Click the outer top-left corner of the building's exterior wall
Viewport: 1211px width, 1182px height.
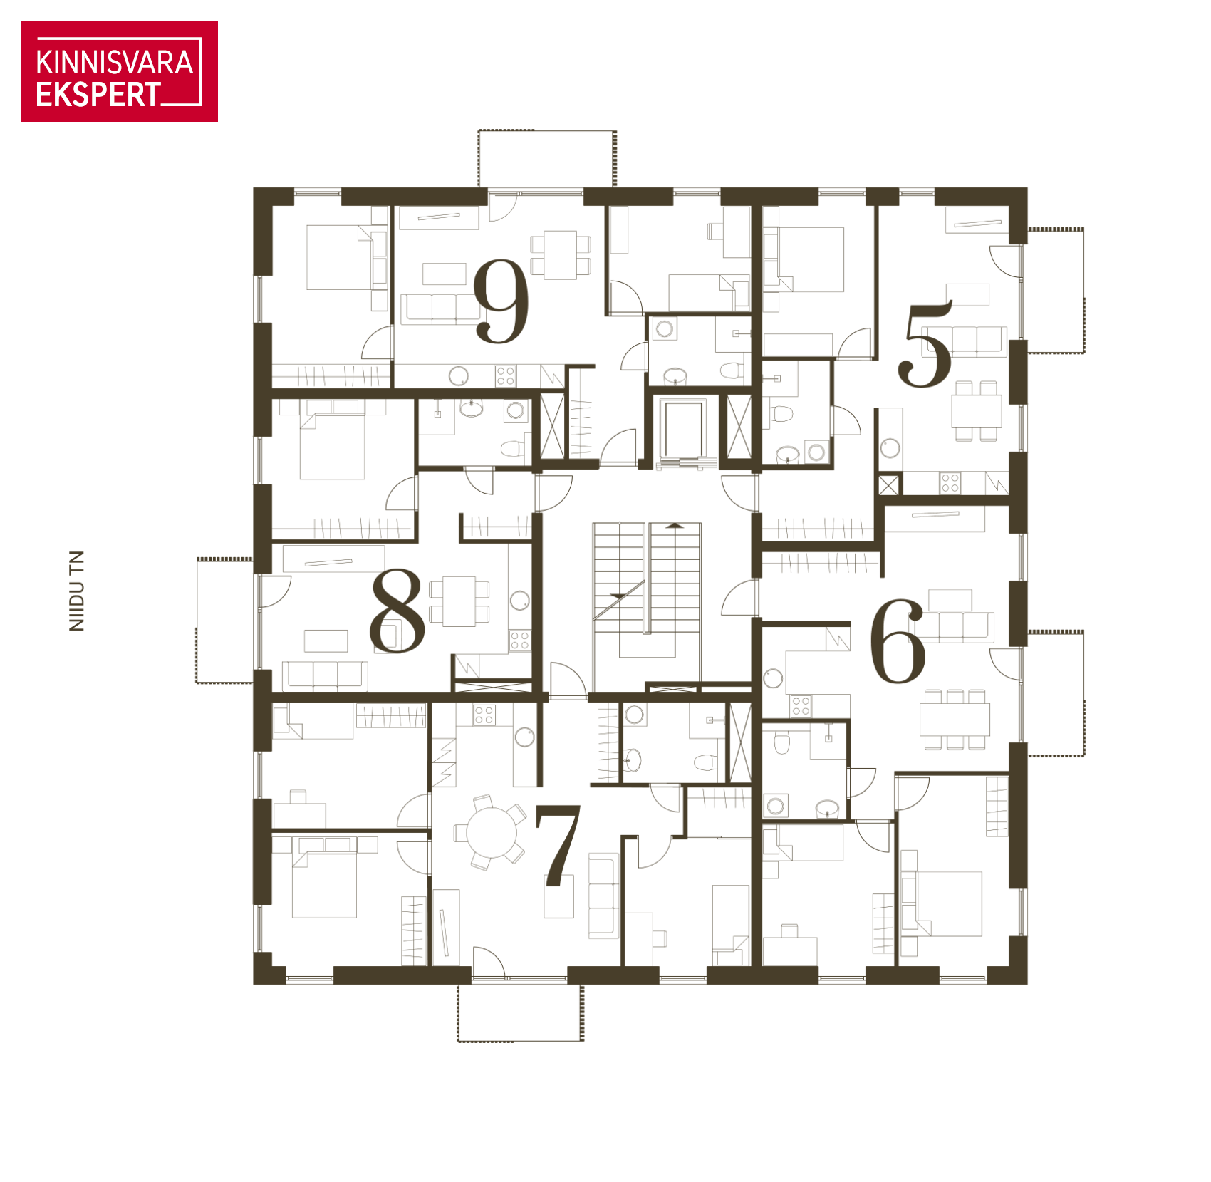coord(254,188)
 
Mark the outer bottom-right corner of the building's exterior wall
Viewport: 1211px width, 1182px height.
coord(1027,985)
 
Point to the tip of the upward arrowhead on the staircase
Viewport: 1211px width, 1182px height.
coord(675,523)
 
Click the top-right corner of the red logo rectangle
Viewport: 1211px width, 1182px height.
coord(217,22)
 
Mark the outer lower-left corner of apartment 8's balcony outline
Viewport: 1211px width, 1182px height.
coord(197,683)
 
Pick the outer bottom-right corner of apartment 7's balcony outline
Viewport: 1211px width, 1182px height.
coord(583,1042)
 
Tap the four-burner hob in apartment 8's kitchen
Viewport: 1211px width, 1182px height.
coord(519,640)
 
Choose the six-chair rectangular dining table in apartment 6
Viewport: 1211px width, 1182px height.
coord(955,719)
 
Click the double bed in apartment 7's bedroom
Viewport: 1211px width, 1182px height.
coord(324,877)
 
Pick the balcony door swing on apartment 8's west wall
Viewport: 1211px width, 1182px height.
coord(275,591)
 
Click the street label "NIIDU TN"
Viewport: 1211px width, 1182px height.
coord(76,591)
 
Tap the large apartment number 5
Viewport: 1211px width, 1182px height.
coord(925,344)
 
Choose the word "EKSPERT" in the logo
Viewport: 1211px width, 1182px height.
coord(98,95)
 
